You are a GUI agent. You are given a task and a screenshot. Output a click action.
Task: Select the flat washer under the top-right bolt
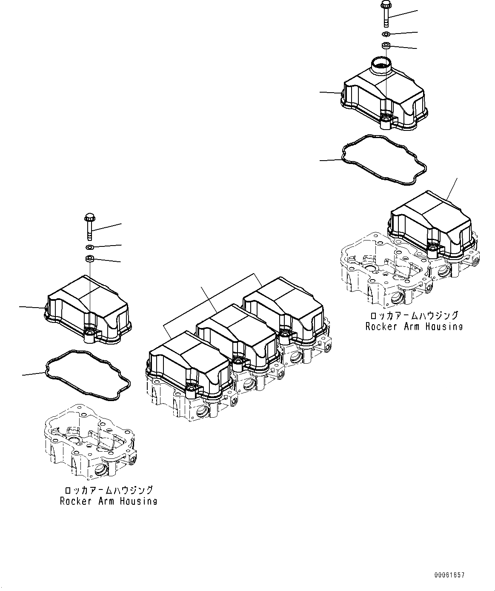pos(386,34)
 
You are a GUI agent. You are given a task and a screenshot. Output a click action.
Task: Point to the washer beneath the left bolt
pos(89,247)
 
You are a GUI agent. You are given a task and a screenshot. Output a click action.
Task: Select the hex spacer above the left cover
pos(89,258)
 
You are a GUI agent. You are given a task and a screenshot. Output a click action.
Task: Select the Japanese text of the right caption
pos(414,316)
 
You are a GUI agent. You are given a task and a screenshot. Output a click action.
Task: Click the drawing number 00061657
pos(449,575)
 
